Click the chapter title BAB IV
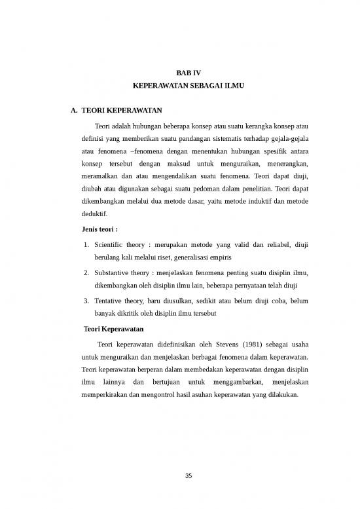coord(179,72)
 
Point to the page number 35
coord(179,476)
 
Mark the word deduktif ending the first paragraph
coord(89,214)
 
